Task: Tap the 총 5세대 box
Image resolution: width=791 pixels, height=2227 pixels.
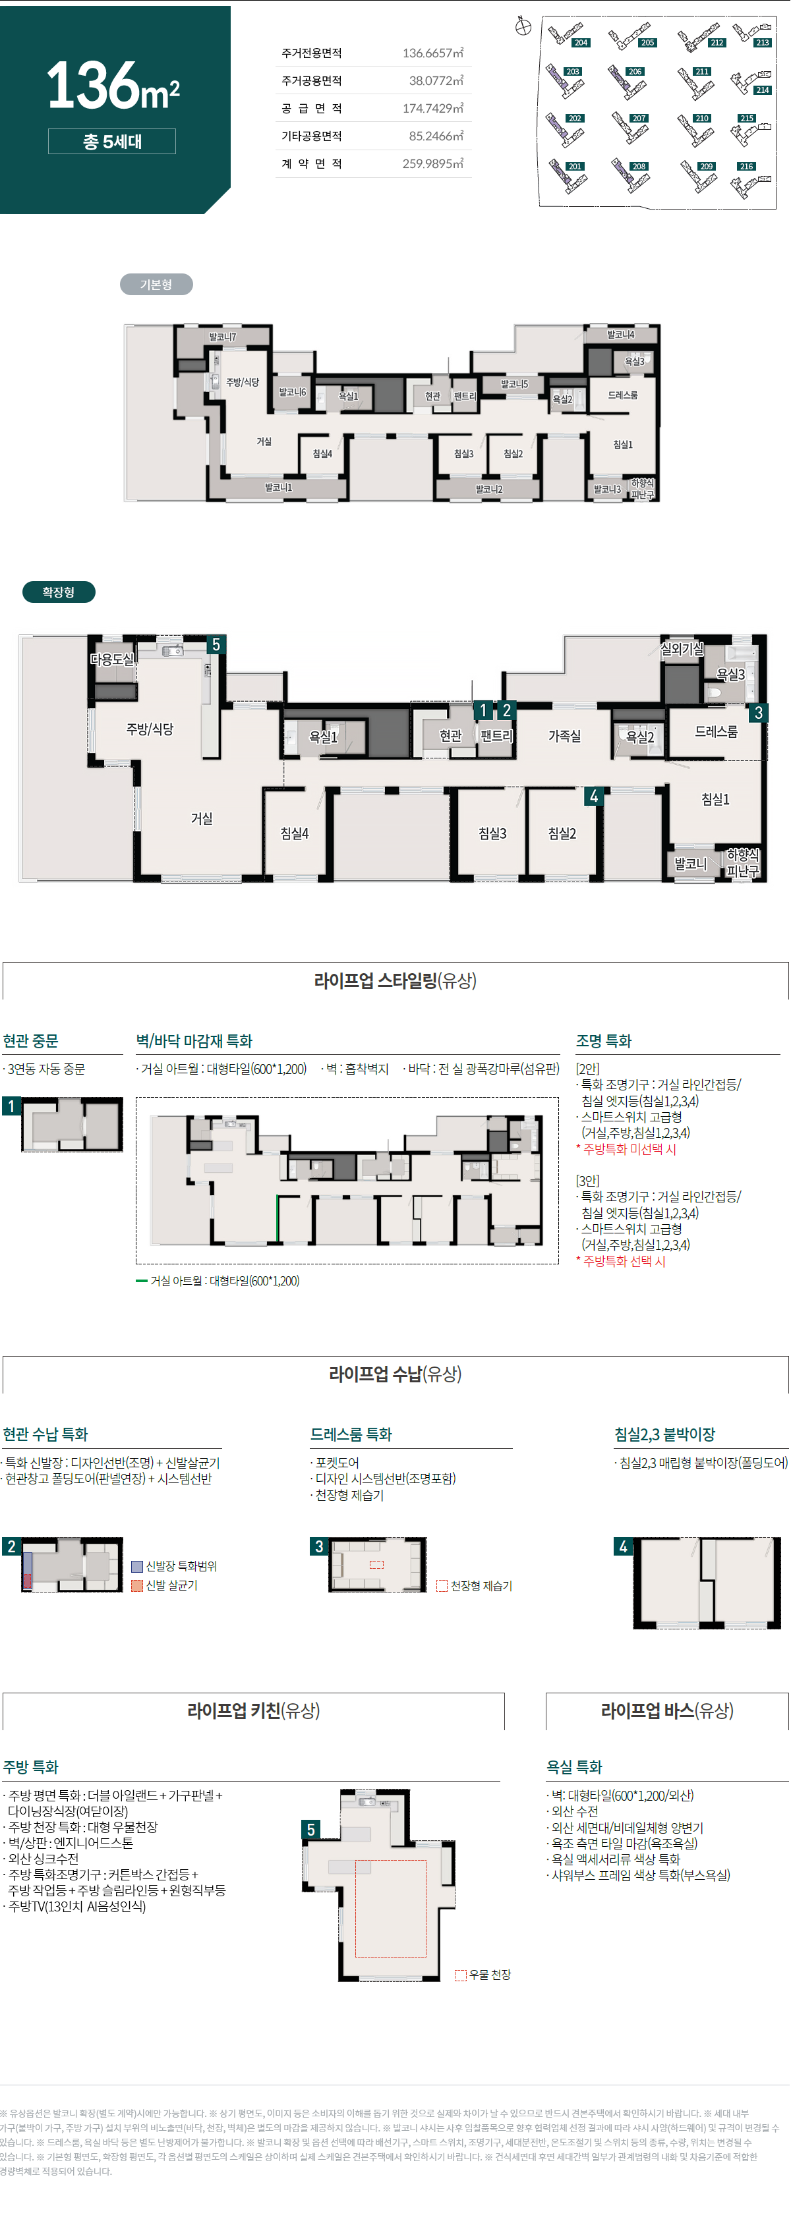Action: [x=111, y=142]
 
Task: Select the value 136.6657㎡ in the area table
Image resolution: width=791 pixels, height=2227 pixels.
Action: [x=432, y=53]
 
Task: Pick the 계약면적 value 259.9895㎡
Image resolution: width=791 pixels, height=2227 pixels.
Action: [x=432, y=164]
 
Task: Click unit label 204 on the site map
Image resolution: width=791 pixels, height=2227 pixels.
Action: [x=581, y=42]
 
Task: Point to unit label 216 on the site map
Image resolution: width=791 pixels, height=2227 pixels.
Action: [x=746, y=167]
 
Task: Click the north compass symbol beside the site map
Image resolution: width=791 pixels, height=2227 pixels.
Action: [x=523, y=27]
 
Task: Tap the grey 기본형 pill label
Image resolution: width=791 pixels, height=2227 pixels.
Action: [x=156, y=285]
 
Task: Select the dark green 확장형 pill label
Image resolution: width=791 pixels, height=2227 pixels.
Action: [x=58, y=592]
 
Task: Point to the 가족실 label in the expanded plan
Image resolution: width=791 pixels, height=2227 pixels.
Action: [x=564, y=736]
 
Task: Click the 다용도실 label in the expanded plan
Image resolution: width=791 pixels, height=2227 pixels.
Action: [x=112, y=660]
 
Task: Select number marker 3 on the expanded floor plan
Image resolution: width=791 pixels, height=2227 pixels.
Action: [x=758, y=713]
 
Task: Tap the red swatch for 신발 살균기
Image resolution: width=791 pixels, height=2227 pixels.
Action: [x=136, y=1585]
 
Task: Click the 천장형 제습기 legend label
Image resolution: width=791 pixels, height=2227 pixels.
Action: [x=481, y=1585]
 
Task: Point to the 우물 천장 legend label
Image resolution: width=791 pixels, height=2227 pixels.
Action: [x=489, y=1975]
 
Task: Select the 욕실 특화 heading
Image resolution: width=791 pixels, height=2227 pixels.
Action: [x=574, y=1767]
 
